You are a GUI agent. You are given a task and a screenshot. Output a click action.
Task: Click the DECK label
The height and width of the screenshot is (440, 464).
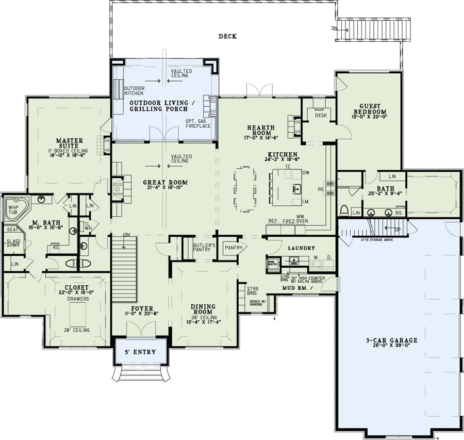pyautogui.click(x=227, y=36)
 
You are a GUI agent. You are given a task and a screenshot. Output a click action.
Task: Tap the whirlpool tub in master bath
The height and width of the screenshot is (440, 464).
pyautogui.click(x=13, y=210)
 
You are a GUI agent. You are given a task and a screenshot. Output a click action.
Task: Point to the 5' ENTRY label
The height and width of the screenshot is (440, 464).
pyautogui.click(x=140, y=352)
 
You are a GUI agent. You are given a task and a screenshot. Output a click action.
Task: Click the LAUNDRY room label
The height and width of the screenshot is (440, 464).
pyautogui.click(x=301, y=248)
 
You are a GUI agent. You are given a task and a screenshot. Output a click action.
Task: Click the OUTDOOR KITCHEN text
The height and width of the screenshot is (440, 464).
pyautogui.click(x=135, y=91)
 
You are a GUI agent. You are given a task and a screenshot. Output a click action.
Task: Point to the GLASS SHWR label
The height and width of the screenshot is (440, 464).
pyautogui.click(x=13, y=244)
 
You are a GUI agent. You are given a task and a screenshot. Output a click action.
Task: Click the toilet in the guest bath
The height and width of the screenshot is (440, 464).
pyautogui.click(x=344, y=210)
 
